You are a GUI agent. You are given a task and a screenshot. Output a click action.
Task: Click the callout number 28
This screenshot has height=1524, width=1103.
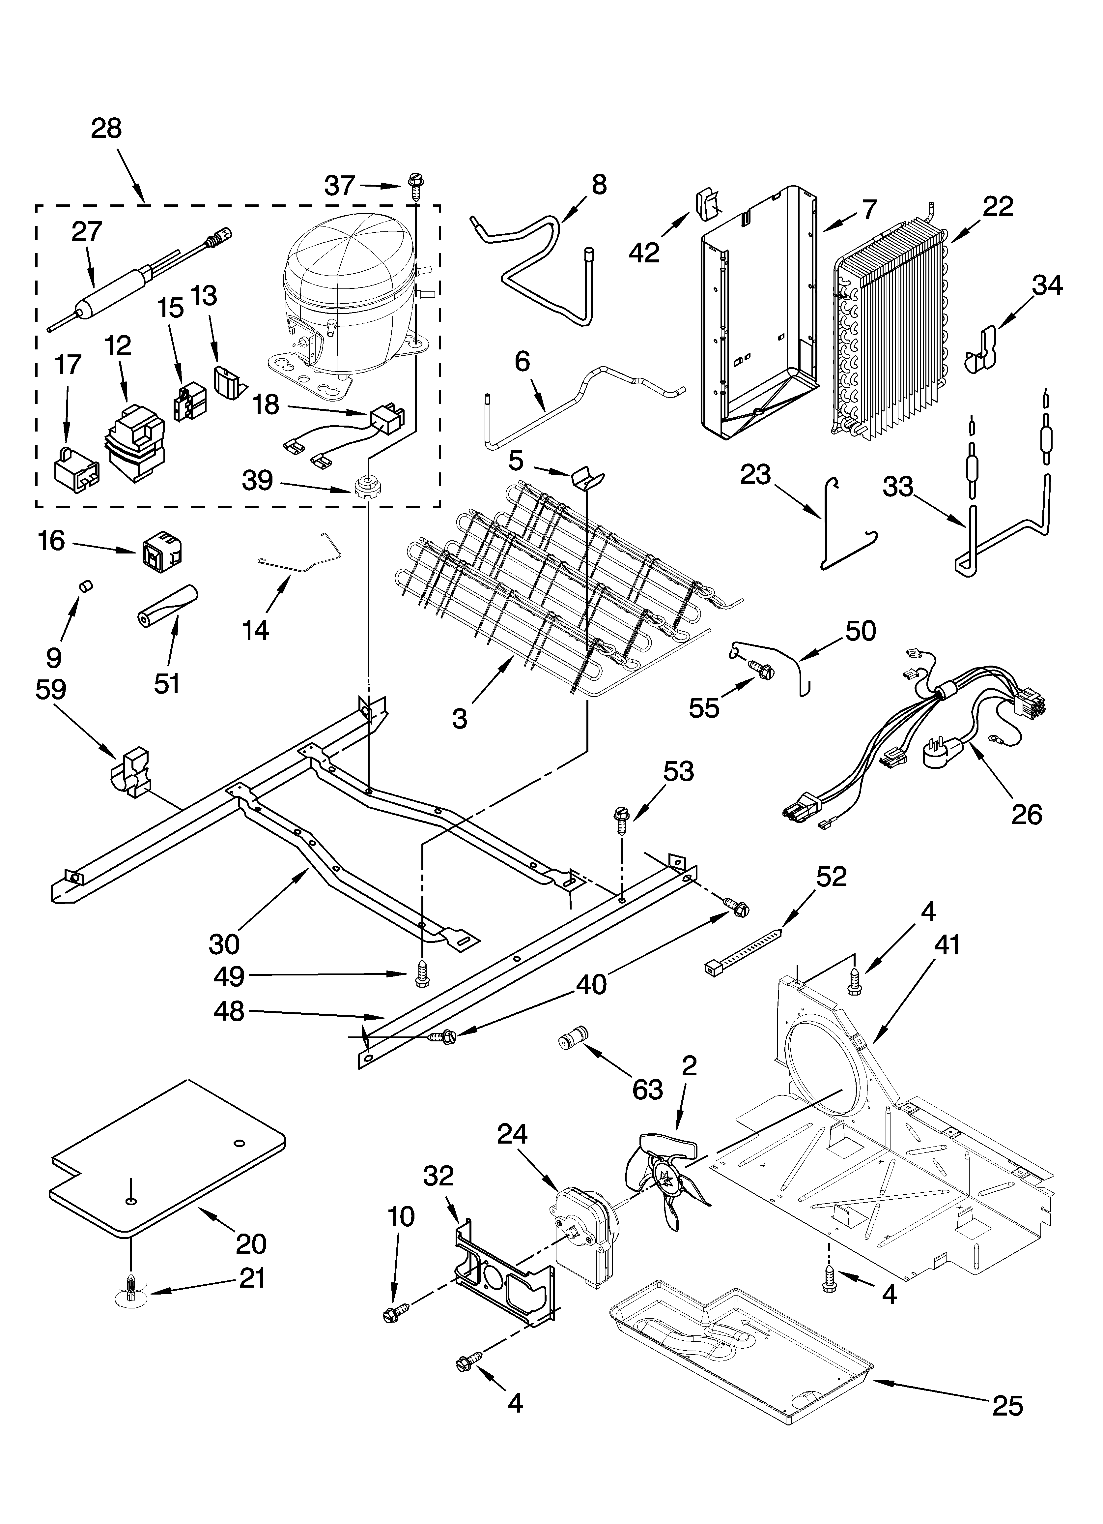(x=106, y=128)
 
